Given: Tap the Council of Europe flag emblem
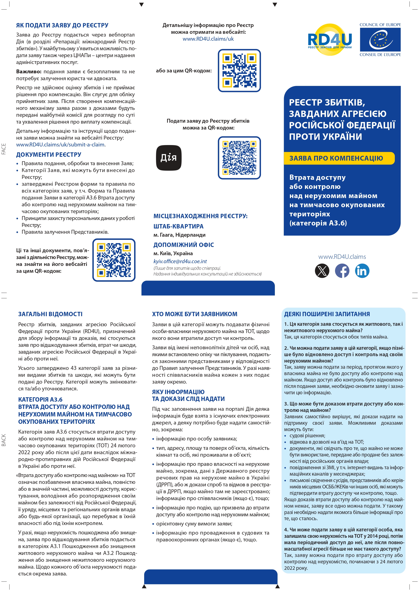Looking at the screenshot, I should pyautogui.click(x=380, y=40).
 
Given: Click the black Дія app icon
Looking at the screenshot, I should pyautogui.click(x=169, y=158).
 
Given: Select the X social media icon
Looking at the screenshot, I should pyautogui.click(x=322, y=271).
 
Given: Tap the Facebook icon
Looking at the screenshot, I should pyautogui.click(x=342, y=271).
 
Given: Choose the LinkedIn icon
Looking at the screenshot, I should pyautogui.click(x=362, y=271).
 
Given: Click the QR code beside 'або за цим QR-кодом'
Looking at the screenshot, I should pyautogui.click(x=239, y=71).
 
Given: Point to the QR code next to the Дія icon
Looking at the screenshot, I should pyautogui.click(x=239, y=158).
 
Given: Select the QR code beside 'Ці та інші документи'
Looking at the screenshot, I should pyautogui.click(x=114, y=260).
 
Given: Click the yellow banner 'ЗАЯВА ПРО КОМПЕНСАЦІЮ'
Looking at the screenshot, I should pyautogui.click(x=339, y=158).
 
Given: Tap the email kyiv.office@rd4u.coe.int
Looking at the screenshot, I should pyautogui.click(x=180, y=261).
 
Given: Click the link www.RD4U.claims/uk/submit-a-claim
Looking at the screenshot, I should pyautogui.click(x=60, y=145).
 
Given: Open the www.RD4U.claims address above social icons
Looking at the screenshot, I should pyautogui.click(x=342, y=257).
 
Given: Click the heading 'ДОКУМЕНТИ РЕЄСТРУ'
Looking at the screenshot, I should pyautogui.click(x=49, y=154).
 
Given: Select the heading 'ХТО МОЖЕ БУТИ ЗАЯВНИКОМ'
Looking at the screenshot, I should pyautogui.click(x=195, y=314).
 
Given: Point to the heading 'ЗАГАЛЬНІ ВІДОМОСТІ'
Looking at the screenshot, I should pyautogui.click(x=50, y=314).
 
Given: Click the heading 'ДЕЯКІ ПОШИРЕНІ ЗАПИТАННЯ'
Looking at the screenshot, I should pyautogui.click(x=327, y=314).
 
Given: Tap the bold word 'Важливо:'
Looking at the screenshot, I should pyautogui.click(x=29, y=72).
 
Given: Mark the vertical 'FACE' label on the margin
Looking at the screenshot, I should pyautogui.click(x=4, y=149).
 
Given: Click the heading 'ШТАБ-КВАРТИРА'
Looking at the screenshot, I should pyautogui.click(x=178, y=226).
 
